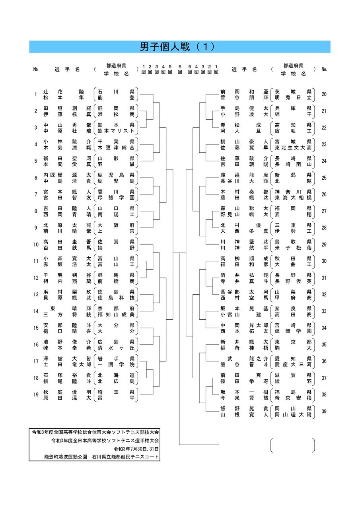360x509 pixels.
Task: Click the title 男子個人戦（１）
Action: (177, 47)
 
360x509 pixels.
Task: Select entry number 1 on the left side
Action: (36, 94)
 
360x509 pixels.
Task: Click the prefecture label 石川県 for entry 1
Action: (116, 91)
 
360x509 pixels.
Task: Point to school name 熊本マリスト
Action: (116, 131)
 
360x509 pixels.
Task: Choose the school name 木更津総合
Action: (116, 148)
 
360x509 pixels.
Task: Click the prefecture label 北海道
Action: (116, 375)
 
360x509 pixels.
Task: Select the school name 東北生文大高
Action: (293, 148)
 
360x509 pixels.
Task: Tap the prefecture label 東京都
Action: (293, 342)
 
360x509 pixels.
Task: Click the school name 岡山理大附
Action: (293, 414)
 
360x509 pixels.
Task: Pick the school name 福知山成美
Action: (116, 315)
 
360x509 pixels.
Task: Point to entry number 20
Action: (324, 94)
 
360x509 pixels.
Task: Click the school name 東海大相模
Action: (293, 198)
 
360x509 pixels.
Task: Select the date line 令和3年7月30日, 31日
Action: (136, 449)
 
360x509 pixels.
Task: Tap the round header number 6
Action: (180, 66)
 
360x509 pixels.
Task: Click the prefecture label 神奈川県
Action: (293, 192)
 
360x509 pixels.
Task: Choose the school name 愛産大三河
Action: (293, 365)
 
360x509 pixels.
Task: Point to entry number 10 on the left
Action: (36, 245)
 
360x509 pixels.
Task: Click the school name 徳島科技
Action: (116, 298)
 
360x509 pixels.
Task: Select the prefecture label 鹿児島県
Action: (116, 175)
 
